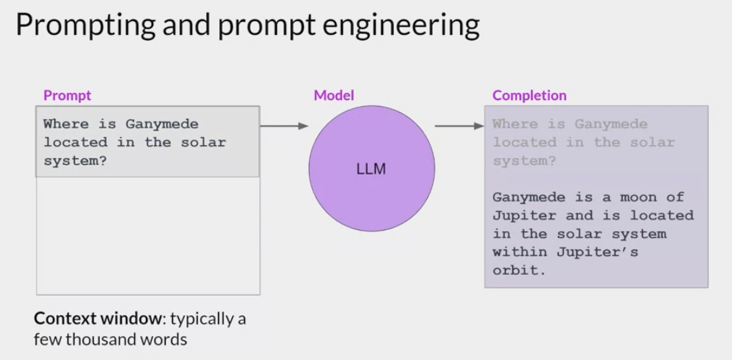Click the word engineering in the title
398,26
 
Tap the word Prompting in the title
85,26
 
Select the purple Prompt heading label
67,95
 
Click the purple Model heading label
334,95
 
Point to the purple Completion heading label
530,95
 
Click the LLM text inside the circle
371,170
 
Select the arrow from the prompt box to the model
284,126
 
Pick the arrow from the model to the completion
458,126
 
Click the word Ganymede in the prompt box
159,124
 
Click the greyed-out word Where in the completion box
515,124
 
